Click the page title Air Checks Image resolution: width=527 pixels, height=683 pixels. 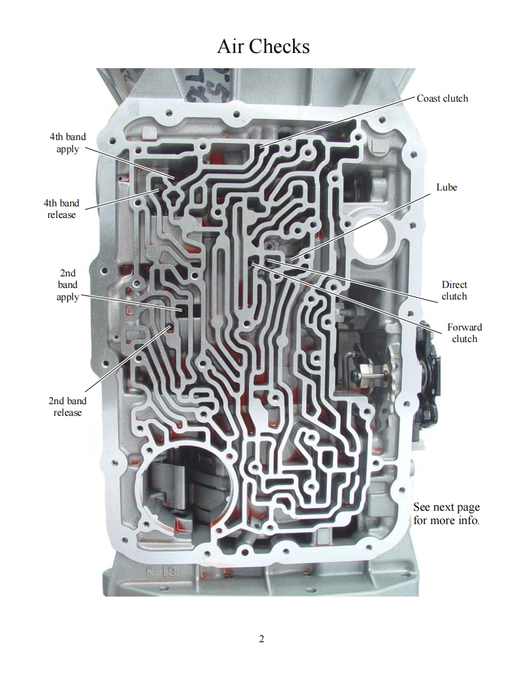pos(263,46)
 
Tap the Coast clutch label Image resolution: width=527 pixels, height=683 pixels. pos(442,99)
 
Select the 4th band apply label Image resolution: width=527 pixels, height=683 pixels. pos(68,143)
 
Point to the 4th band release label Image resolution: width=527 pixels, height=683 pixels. pos(61,209)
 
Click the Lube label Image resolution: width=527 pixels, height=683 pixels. pos(446,187)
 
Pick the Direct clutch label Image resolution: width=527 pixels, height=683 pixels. pos(454,290)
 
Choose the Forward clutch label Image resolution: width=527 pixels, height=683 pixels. pos(464,333)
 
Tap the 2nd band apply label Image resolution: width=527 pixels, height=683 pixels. pos(68,285)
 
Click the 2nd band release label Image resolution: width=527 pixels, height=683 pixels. pos(68,407)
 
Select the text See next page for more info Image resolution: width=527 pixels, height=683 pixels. pos(446,514)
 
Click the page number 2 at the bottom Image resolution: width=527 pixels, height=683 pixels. pos(262,639)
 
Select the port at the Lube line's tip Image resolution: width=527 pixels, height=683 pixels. pos(293,261)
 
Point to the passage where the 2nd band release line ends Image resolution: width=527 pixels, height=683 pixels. pos(170,327)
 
